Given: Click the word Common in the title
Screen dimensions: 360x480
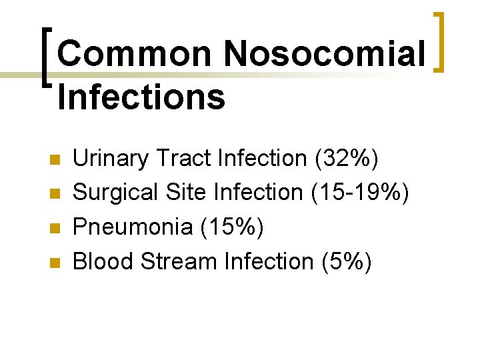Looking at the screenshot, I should tap(135, 54).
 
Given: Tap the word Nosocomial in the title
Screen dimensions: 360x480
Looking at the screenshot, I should tap(325, 54).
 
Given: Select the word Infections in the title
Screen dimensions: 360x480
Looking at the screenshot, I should tap(141, 97).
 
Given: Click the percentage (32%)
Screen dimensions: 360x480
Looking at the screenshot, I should tap(344, 159).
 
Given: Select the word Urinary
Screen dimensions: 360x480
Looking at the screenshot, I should tap(111, 159).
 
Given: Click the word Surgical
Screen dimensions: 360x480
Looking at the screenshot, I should tap(115, 193).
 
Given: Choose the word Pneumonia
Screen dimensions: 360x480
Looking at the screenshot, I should tap(133, 227).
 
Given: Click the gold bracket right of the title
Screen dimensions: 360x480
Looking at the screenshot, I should tap(440, 41).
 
